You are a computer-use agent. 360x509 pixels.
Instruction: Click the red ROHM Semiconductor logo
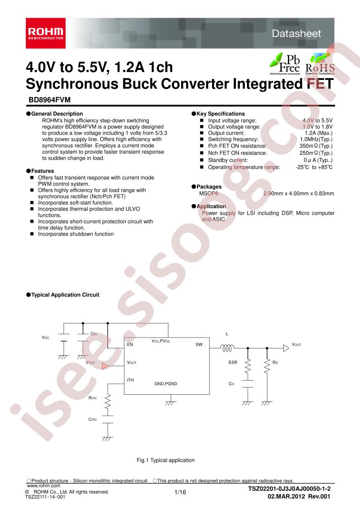(46, 33)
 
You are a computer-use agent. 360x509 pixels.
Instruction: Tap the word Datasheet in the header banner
(296, 34)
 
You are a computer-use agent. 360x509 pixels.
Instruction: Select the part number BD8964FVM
(50, 100)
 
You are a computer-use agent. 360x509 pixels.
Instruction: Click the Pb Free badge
(285, 64)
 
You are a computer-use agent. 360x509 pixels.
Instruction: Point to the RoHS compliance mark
(320, 65)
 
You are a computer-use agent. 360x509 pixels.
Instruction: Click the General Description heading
(54, 113)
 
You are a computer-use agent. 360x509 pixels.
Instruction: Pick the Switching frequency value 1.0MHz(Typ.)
(316, 139)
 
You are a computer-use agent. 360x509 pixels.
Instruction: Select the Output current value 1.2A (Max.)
(318, 133)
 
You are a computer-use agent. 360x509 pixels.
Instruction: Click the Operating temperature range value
(314, 167)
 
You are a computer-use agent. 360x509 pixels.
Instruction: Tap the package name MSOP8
(208, 193)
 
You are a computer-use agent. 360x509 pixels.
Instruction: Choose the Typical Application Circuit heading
(63, 295)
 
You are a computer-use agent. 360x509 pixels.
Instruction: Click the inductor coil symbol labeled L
(227, 348)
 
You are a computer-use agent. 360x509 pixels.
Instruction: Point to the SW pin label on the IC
(199, 344)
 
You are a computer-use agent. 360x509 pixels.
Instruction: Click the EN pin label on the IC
(130, 344)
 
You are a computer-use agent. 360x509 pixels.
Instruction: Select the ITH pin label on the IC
(130, 380)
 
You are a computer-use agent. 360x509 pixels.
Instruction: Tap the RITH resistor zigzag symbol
(108, 402)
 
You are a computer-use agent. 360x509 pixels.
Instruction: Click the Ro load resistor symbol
(267, 366)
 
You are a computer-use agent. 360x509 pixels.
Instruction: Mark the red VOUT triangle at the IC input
(104, 366)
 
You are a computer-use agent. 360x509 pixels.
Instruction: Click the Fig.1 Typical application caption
(166, 460)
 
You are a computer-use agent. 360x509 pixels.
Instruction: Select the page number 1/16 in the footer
(180, 492)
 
